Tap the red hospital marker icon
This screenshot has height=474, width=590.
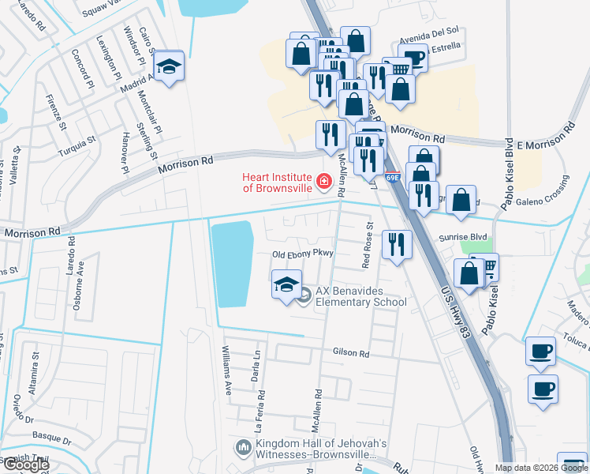tap(323, 183)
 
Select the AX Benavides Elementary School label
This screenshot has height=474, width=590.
tap(360, 296)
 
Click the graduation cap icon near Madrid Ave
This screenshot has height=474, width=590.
tap(168, 68)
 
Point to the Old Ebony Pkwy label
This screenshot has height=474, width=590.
tap(304, 254)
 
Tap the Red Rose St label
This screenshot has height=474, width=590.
tap(367, 245)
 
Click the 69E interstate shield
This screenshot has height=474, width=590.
tap(393, 178)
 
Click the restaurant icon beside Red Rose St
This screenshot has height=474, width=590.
tap(396, 243)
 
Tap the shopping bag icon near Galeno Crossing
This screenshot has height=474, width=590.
tap(461, 200)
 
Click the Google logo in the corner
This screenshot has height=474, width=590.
tap(26, 465)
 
